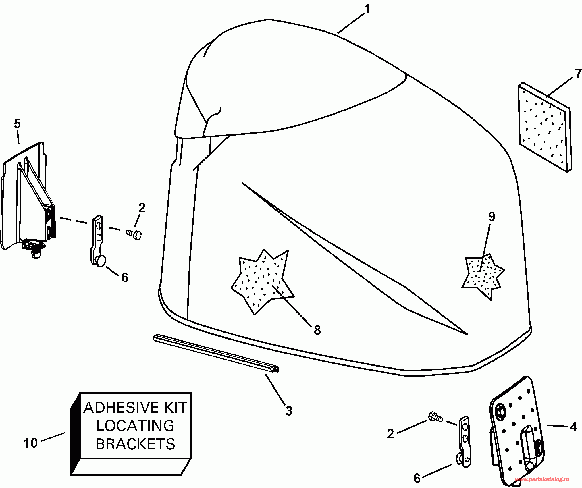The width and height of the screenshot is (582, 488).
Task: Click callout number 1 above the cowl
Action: [x=367, y=9]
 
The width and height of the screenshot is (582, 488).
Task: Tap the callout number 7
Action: [x=578, y=74]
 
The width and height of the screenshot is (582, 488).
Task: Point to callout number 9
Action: [x=492, y=217]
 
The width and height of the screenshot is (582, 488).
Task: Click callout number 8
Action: [x=317, y=330]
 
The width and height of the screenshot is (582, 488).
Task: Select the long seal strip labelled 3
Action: [x=215, y=353]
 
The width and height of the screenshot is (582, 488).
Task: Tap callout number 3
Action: [x=289, y=411]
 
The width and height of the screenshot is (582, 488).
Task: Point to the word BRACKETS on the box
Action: [x=135, y=444]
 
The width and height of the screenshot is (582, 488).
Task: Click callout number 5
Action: [x=17, y=124]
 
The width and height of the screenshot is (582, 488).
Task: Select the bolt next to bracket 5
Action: [x=134, y=234]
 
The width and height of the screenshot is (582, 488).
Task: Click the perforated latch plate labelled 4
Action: [x=514, y=431]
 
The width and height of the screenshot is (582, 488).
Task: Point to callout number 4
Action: [x=573, y=427]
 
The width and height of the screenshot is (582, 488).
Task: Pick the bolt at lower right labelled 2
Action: [x=435, y=417]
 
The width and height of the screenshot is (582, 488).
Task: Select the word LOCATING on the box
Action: [x=135, y=426]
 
